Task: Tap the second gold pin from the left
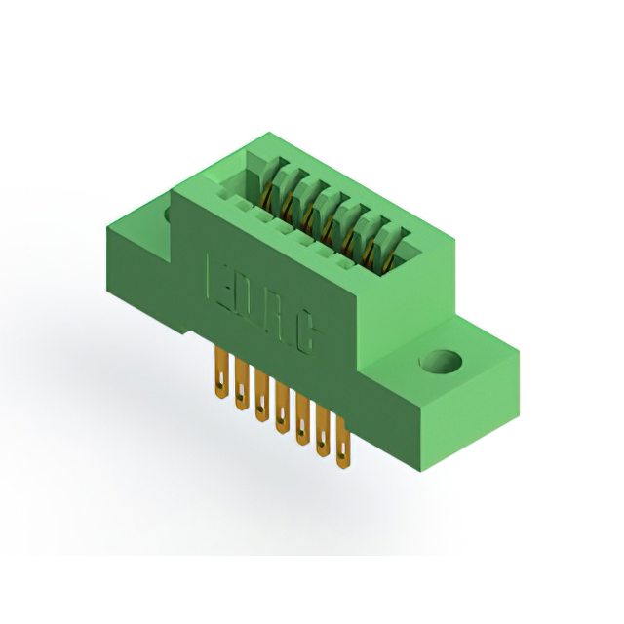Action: tap(242, 384)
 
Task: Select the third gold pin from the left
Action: tap(262, 396)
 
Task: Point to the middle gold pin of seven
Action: tap(283, 408)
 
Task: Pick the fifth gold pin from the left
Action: tap(303, 419)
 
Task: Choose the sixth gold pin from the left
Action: tap(323, 431)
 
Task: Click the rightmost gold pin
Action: tap(343, 443)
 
